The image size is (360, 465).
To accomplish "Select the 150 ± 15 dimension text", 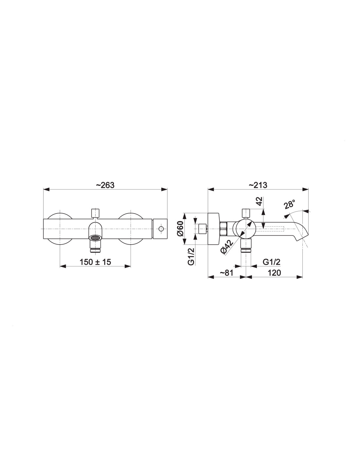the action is (95, 262).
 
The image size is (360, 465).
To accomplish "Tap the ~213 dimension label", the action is (258, 185).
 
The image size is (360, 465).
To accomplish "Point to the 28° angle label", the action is (290, 204).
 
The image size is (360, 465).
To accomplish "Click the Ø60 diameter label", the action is (180, 228).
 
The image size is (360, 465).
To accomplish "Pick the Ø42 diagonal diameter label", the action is (227, 247).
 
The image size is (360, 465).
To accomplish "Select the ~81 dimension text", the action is (226, 273).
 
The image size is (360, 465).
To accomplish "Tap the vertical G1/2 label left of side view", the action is (191, 256).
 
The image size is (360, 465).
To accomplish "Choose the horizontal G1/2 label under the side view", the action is (271, 262).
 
